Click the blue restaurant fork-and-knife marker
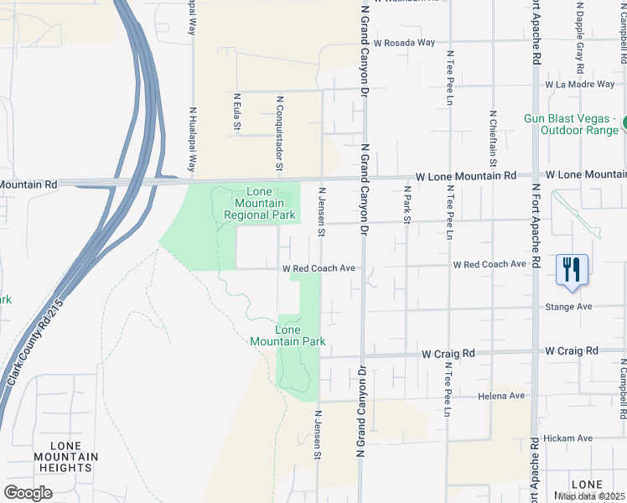click(x=572, y=270)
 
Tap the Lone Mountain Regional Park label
click(x=260, y=203)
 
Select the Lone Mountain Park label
click(x=288, y=335)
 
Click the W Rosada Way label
click(x=405, y=42)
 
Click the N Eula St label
click(x=236, y=111)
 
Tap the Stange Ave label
click(x=569, y=307)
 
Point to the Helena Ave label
click(x=501, y=396)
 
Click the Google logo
click(x=28, y=493)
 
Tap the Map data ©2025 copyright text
click(x=592, y=496)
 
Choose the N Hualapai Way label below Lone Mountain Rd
click(x=193, y=141)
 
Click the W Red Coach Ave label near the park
click(x=319, y=269)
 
